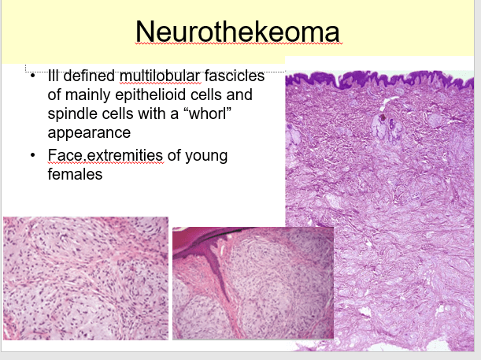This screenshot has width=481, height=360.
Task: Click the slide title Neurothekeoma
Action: coord(238,32)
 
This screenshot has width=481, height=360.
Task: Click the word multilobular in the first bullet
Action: coord(160,76)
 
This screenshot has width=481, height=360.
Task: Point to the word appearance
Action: coord(89,133)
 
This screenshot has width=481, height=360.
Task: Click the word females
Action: coord(75,174)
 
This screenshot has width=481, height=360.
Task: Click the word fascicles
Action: coord(235,76)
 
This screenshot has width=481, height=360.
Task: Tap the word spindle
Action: coord(72,114)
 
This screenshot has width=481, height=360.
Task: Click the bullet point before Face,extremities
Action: coord(33,155)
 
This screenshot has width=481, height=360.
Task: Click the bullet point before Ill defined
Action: coord(33,76)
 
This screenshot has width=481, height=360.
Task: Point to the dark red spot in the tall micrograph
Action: coord(383,117)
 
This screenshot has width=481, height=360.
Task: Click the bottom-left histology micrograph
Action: coord(86,278)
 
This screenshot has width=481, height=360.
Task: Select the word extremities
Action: coord(124,155)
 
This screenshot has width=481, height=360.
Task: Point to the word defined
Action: coord(89,76)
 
